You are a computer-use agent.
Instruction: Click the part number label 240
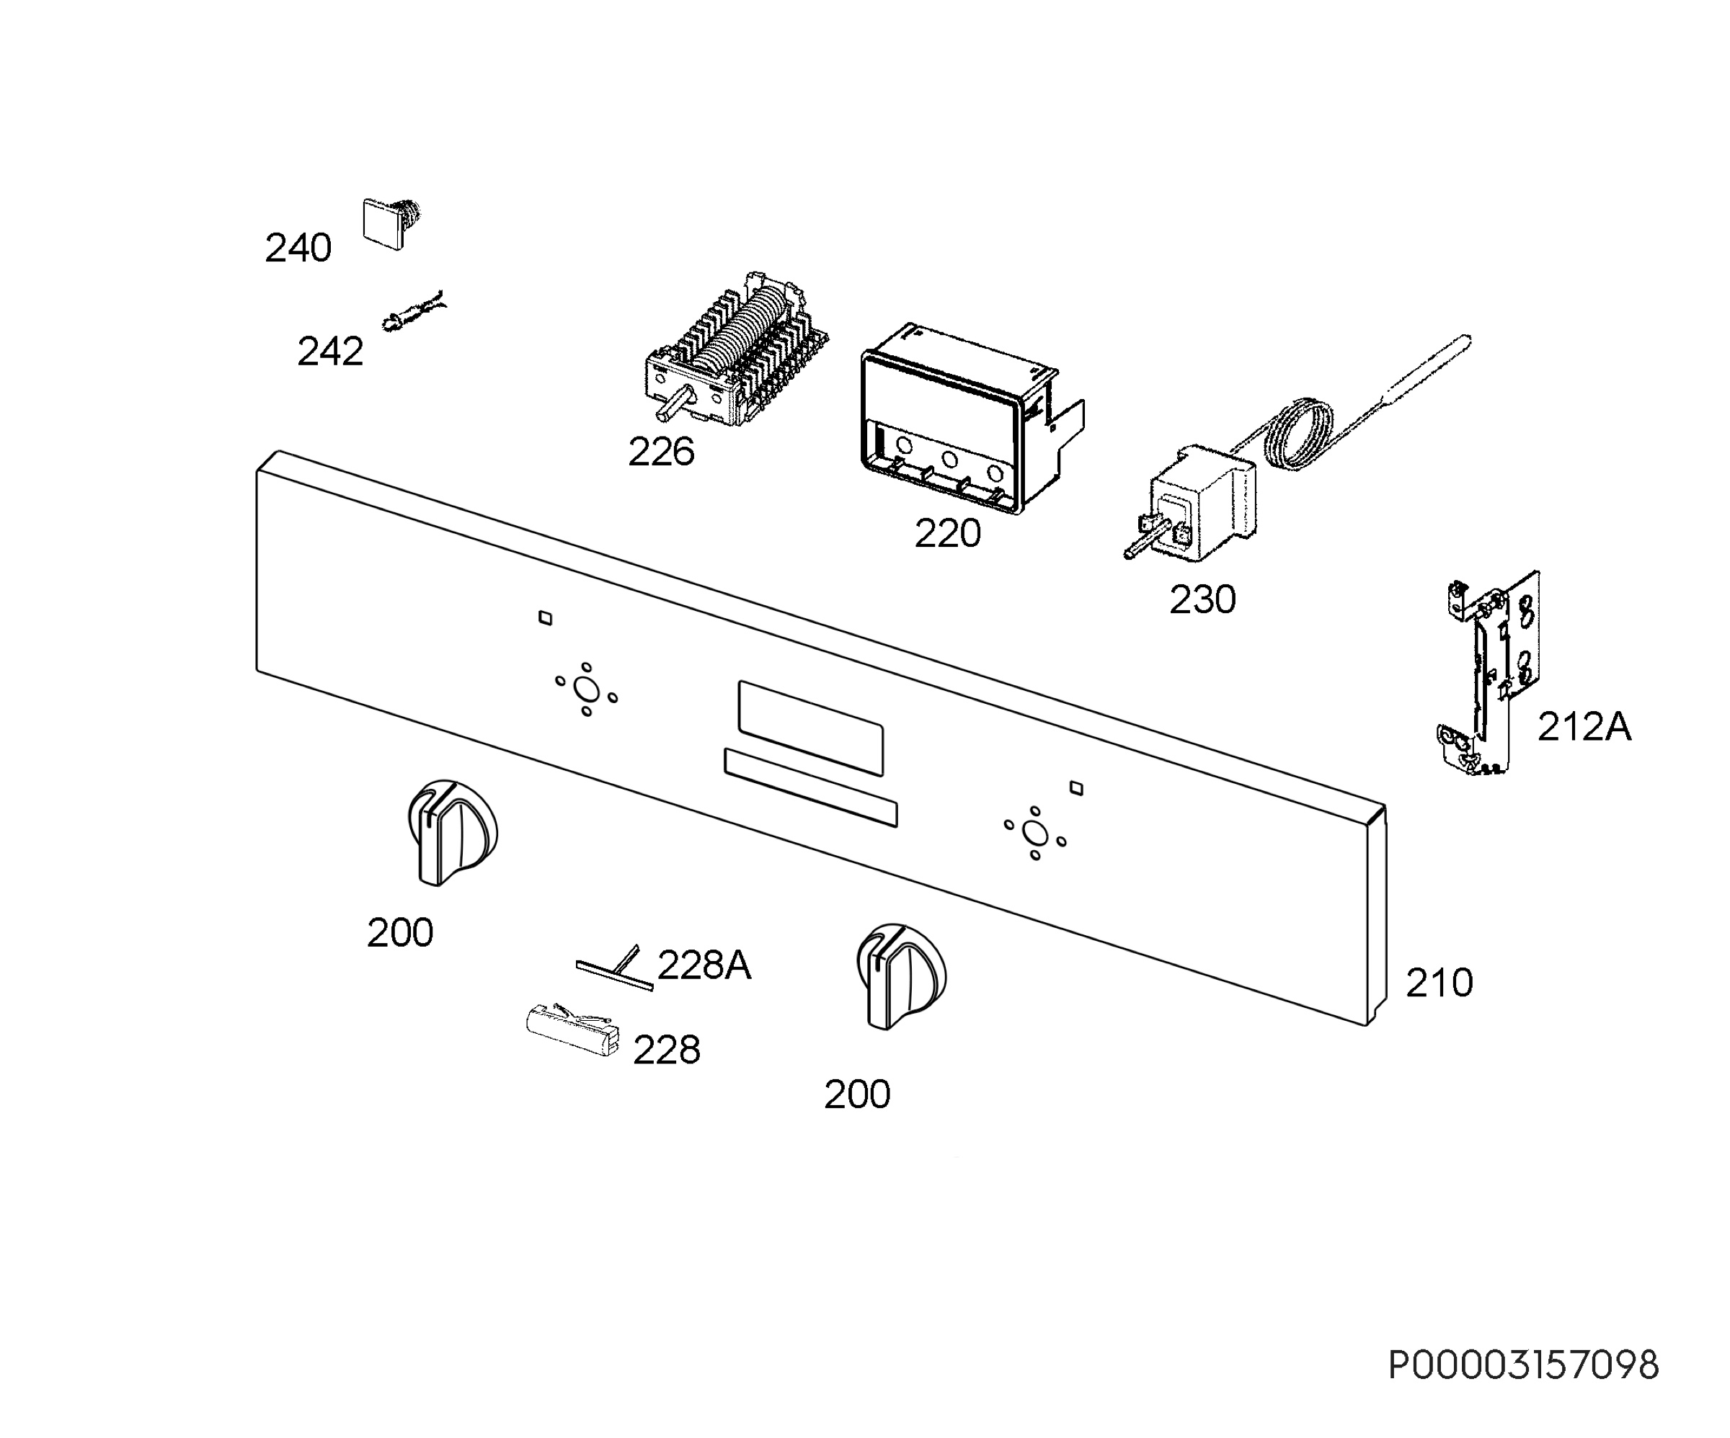tap(298, 248)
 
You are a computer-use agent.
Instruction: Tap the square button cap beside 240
tap(384, 223)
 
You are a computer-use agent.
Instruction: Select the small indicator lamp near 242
tap(413, 311)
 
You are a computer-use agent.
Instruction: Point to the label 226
tap(661, 452)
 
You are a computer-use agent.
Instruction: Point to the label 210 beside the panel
tap(1440, 983)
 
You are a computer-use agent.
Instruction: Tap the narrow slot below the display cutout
tap(811, 787)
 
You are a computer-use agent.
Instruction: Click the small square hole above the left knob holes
tap(544, 617)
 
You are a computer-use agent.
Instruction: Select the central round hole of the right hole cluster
tap(1034, 834)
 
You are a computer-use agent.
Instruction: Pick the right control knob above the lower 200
tap(901, 976)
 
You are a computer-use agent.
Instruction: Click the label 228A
tap(704, 965)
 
